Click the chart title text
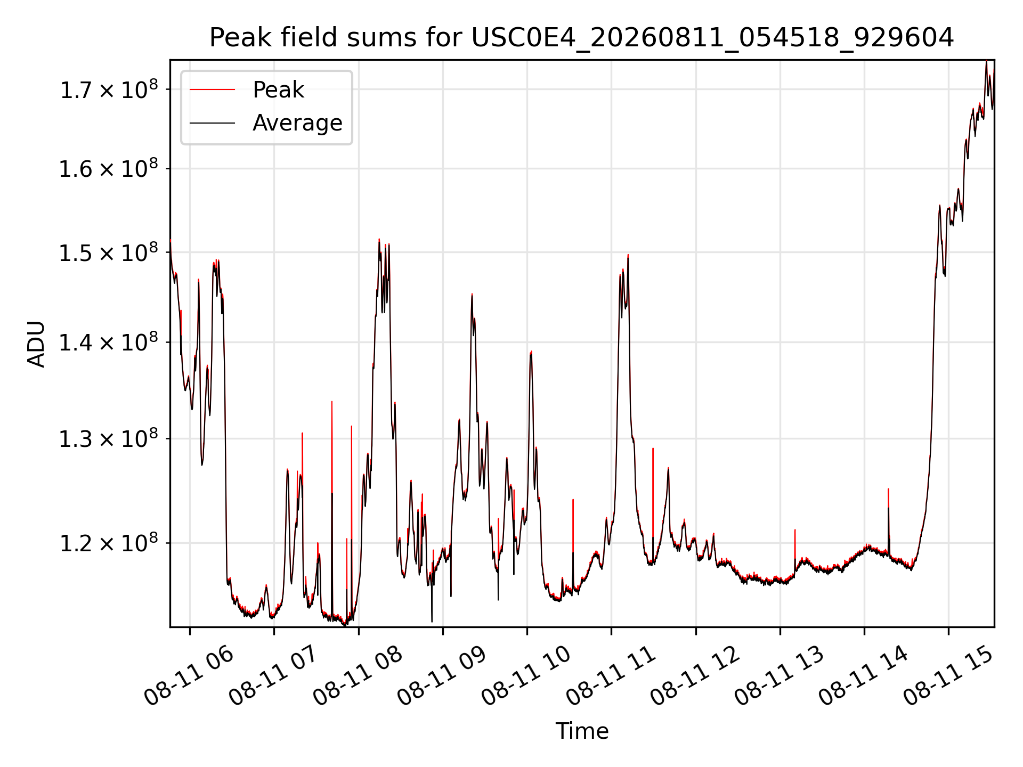(581, 38)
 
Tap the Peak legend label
(278, 90)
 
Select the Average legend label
(297, 123)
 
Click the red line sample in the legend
(212, 90)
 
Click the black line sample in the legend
(212, 123)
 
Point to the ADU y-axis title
(36, 344)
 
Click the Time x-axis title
(582, 731)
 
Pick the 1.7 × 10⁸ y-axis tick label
(109, 89)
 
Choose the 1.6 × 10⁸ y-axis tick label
(109, 168)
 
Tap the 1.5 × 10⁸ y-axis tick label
(109, 252)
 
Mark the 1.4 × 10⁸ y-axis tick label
(109, 342)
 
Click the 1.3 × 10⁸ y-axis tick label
(109, 438)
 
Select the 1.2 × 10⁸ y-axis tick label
(109, 543)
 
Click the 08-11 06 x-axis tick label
(189, 675)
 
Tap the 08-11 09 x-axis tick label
(442, 675)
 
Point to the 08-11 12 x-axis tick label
(695, 675)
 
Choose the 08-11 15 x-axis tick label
(948, 675)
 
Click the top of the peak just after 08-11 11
(628, 255)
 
